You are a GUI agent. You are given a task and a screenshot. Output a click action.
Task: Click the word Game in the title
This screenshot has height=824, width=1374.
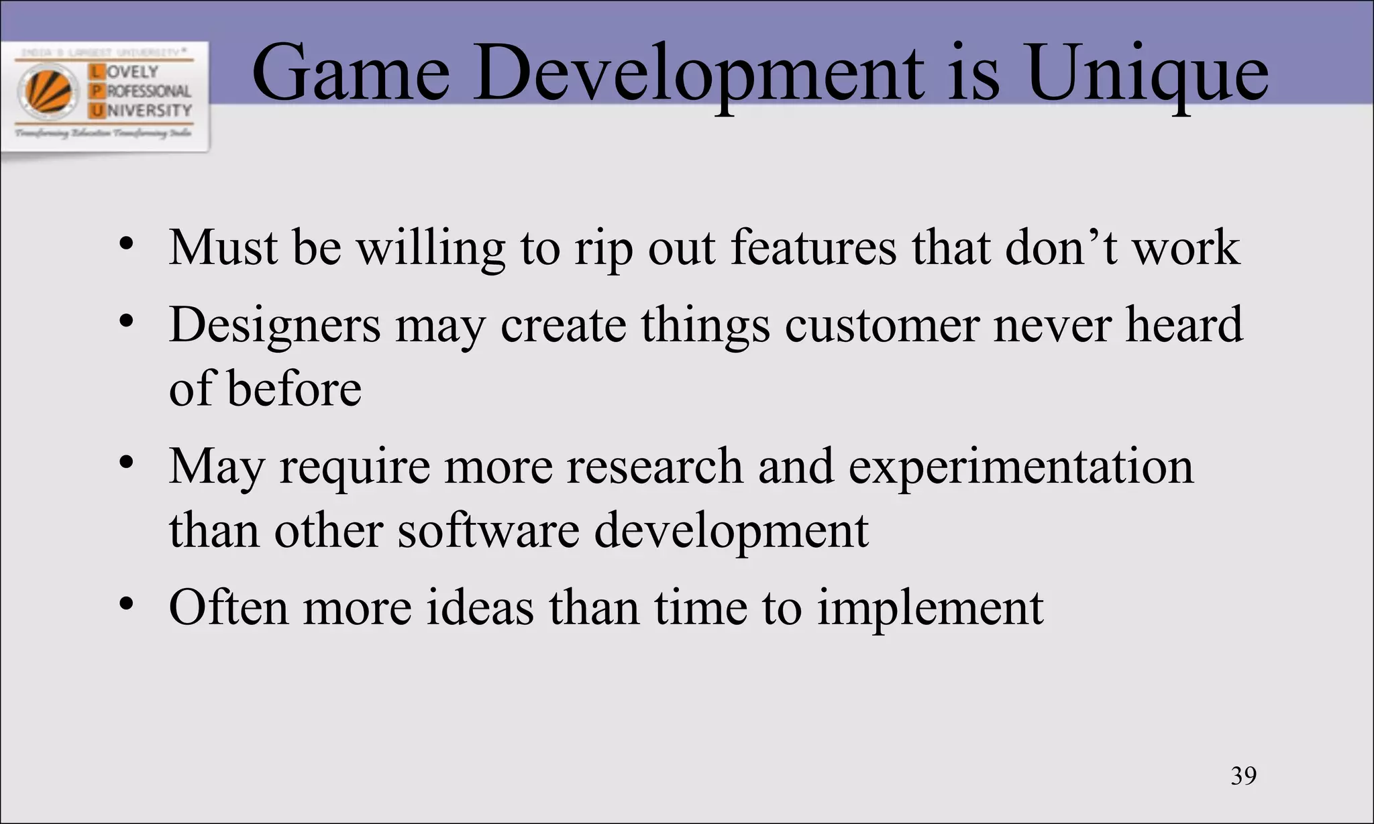[350, 74]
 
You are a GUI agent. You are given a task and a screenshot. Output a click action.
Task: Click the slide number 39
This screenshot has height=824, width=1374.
[1243, 776]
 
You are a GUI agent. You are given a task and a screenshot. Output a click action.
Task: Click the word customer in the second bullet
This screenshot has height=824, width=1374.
[882, 325]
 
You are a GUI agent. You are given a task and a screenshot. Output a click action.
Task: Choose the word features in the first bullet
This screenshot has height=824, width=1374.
[813, 248]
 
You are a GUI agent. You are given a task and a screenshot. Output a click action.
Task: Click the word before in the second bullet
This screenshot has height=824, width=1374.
[294, 389]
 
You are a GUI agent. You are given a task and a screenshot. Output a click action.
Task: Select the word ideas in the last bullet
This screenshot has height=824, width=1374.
[480, 607]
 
